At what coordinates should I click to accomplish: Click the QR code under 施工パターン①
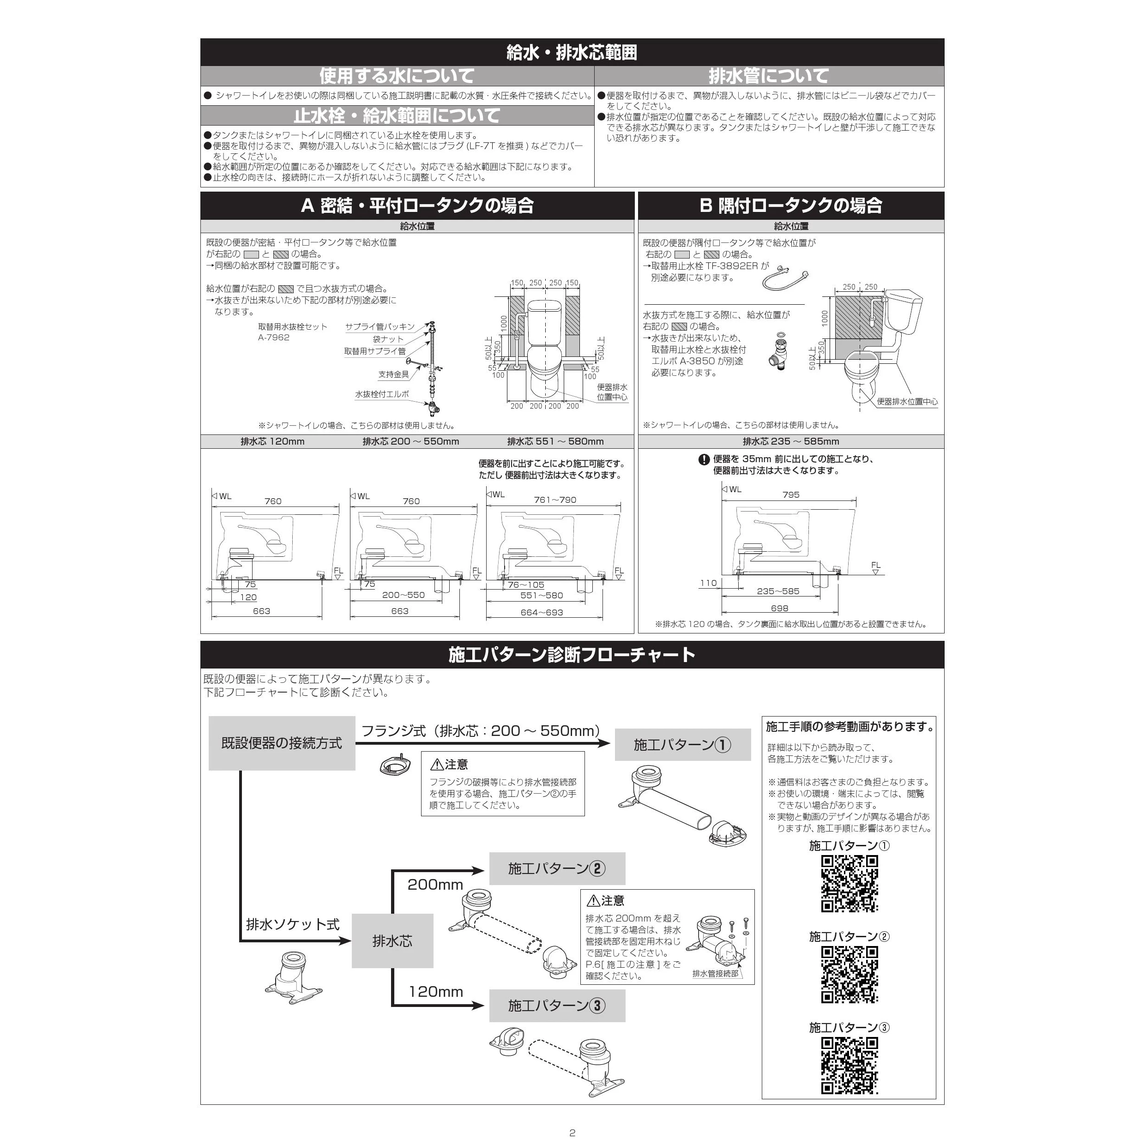pyautogui.click(x=849, y=884)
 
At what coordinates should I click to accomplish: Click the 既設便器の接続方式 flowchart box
pyautogui.click(x=282, y=743)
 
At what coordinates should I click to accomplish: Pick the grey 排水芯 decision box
pyautogui.click(x=392, y=940)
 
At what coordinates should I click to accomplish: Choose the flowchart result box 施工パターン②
pyautogui.click(x=557, y=868)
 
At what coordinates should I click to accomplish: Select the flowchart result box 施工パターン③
pyautogui.click(x=557, y=1006)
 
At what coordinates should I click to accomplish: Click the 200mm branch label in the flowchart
pyautogui.click(x=435, y=885)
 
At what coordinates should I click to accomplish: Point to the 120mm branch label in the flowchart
pyautogui.click(x=436, y=992)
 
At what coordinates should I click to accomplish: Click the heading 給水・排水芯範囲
pyautogui.click(x=572, y=53)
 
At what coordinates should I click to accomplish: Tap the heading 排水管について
pyautogui.click(x=769, y=76)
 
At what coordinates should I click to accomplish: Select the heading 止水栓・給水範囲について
pyautogui.click(x=397, y=115)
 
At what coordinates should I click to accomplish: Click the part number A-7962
pyautogui.click(x=274, y=337)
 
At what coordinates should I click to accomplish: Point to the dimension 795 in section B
pyautogui.click(x=790, y=494)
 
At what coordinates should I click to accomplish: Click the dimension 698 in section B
pyautogui.click(x=779, y=608)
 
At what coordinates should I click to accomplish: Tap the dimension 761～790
pyautogui.click(x=554, y=500)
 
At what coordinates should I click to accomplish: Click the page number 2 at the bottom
pyautogui.click(x=572, y=1133)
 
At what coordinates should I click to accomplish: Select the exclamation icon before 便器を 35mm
pyautogui.click(x=704, y=459)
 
